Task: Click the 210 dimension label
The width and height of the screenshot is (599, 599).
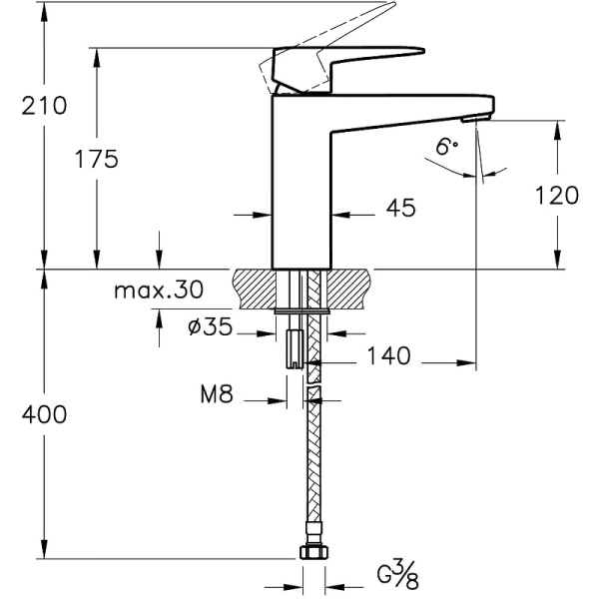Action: [43, 105]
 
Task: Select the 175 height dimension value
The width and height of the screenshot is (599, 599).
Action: [97, 158]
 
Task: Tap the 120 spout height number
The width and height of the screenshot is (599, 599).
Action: [556, 195]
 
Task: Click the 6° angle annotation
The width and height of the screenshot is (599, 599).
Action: [446, 147]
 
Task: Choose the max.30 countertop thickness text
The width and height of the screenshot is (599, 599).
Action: [157, 291]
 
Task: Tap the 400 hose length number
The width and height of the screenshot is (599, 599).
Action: [43, 414]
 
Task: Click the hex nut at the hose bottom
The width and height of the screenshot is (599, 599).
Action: [311, 552]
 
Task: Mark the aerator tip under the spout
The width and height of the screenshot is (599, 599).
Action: [483, 120]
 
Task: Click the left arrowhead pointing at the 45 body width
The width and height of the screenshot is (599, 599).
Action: [265, 214]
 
